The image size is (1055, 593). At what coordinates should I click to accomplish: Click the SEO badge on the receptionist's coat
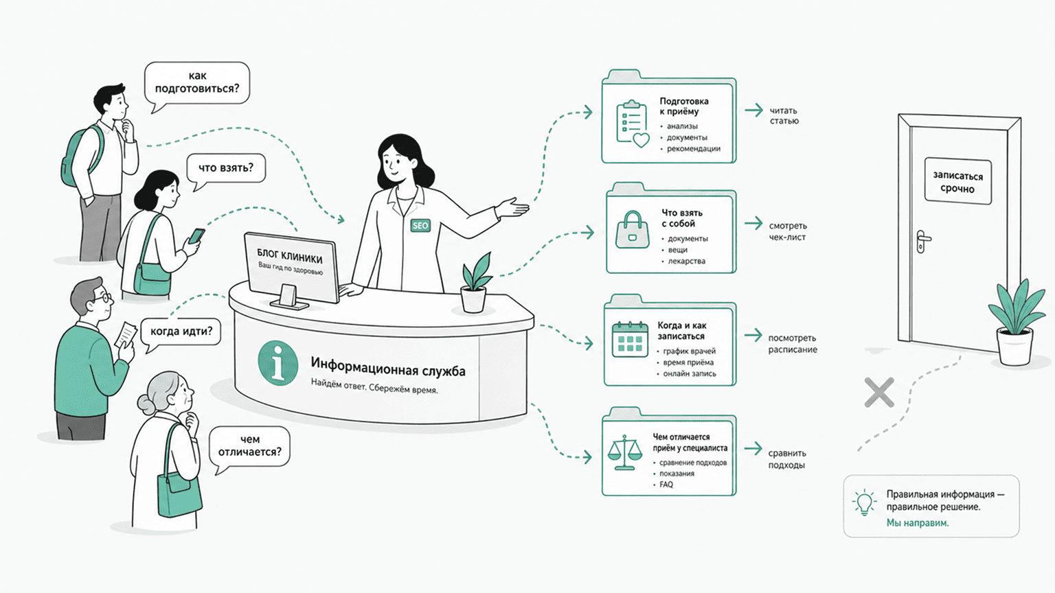click(x=420, y=225)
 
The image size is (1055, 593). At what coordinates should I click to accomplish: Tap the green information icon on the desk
click(x=278, y=363)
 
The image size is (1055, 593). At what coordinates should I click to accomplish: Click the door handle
click(x=922, y=241)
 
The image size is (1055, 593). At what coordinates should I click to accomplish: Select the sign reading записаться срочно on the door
click(x=957, y=182)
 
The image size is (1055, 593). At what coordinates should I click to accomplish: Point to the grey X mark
click(x=879, y=392)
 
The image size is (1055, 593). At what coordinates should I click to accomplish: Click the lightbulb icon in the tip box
click(x=864, y=502)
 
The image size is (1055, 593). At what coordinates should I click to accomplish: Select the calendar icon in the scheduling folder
click(x=630, y=339)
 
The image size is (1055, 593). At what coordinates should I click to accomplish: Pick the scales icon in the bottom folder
click(x=624, y=453)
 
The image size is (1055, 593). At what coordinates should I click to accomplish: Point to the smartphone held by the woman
click(x=196, y=235)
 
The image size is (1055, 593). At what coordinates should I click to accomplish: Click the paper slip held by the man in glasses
click(x=126, y=335)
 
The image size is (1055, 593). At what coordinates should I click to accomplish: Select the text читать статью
click(x=784, y=116)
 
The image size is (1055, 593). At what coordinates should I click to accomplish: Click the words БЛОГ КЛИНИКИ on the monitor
click(x=290, y=255)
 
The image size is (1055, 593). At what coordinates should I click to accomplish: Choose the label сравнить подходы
click(x=787, y=459)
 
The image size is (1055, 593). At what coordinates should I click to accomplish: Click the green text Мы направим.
click(x=918, y=522)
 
